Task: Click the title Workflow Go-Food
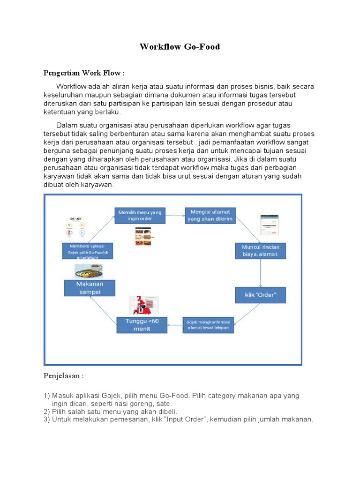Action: [x=180, y=47]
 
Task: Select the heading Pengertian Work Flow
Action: [x=84, y=73]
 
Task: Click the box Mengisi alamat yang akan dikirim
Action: [x=210, y=215]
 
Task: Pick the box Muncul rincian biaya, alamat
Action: [x=260, y=251]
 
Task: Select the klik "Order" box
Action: [x=260, y=295]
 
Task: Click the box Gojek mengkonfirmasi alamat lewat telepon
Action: [x=208, y=325]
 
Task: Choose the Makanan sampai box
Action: [x=90, y=288]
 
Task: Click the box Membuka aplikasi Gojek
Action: [x=88, y=251]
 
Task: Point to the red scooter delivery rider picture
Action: [x=145, y=306]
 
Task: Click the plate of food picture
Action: [x=89, y=271]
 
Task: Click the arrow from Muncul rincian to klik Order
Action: [x=261, y=273]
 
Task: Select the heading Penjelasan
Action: [x=64, y=376]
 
